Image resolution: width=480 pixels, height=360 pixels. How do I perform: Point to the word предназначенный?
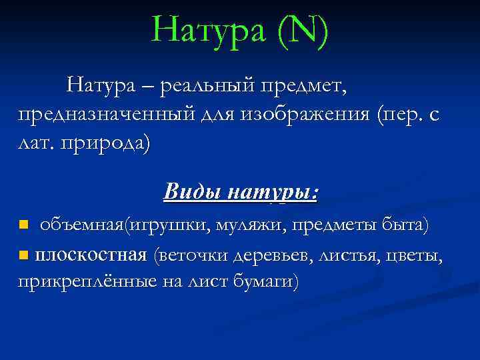(107, 115)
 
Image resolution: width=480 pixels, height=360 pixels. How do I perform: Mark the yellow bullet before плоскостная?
(23, 254)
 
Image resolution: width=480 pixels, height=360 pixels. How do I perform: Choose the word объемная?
(79, 225)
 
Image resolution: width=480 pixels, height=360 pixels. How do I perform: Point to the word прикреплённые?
(87, 282)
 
